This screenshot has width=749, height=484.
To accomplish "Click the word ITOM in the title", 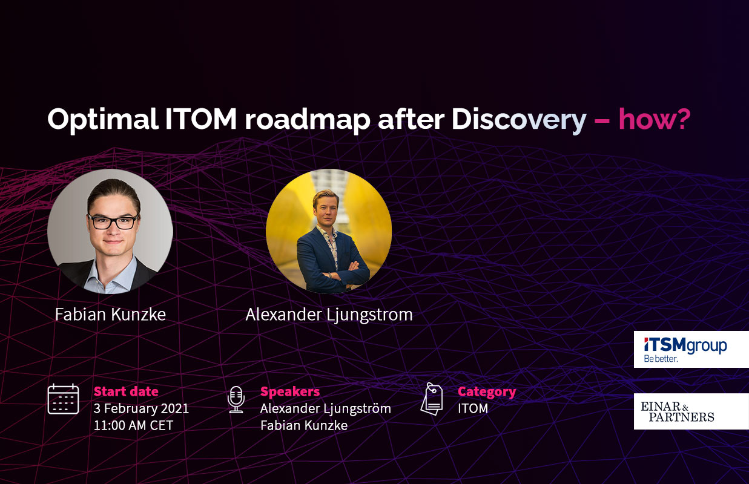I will (200, 120).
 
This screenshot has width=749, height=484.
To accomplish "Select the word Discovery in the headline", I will (518, 120).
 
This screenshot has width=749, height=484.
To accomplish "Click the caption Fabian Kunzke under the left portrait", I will (110, 314).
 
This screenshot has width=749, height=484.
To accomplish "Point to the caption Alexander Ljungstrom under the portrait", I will (329, 315).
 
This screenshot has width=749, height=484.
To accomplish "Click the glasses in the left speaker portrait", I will (113, 221).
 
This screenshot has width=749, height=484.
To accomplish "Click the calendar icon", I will (63, 399).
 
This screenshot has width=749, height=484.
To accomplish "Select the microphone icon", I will (236, 399).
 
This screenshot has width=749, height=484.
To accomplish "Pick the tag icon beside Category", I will (432, 399).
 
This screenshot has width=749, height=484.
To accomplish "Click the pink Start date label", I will (126, 391).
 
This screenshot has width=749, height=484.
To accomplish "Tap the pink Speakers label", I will (289, 391).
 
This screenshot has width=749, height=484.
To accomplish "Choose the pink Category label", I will (486, 391).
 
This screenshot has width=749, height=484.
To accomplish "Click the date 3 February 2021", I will (141, 408).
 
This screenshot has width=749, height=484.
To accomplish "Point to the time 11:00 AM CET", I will (133, 425).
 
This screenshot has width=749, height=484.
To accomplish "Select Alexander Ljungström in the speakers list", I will (325, 408).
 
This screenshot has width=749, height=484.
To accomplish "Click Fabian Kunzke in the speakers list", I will (303, 425).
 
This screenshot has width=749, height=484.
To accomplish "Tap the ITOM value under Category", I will (472, 408).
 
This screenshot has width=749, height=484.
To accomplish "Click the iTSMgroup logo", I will (691, 349).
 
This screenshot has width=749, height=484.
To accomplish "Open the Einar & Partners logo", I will (691, 411).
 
